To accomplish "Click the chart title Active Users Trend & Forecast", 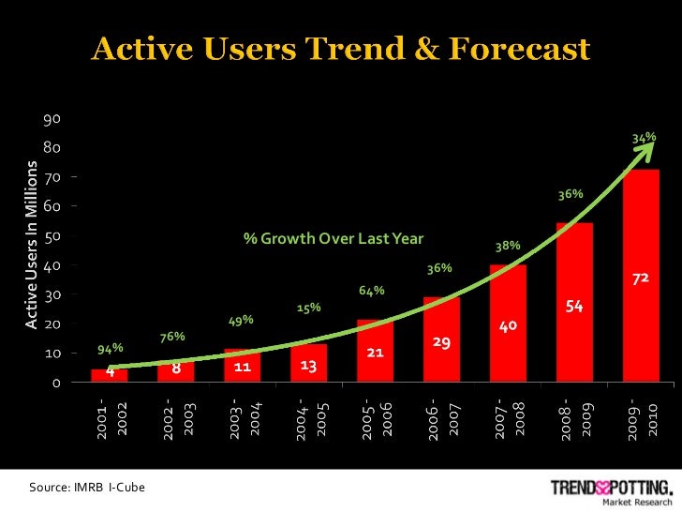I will pyautogui.click(x=340, y=48).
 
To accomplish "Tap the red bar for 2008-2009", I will pyautogui.click(x=574, y=319).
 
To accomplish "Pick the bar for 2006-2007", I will pyautogui.click(x=442, y=352).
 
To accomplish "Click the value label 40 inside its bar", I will pyautogui.click(x=508, y=326).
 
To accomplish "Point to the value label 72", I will pyautogui.click(x=642, y=280).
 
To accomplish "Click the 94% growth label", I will pyautogui.click(x=111, y=350).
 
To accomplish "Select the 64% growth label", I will pyautogui.click(x=372, y=291).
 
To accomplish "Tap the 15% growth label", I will pyautogui.click(x=309, y=307).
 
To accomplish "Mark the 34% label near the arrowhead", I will pyautogui.click(x=644, y=138).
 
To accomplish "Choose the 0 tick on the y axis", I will pyautogui.click(x=56, y=383).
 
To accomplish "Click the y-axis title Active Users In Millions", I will pyautogui.click(x=31, y=246).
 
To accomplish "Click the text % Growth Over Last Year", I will pyautogui.click(x=334, y=237).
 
